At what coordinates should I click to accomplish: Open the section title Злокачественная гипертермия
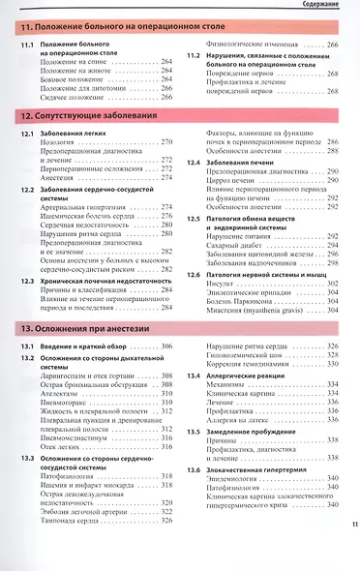255,468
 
